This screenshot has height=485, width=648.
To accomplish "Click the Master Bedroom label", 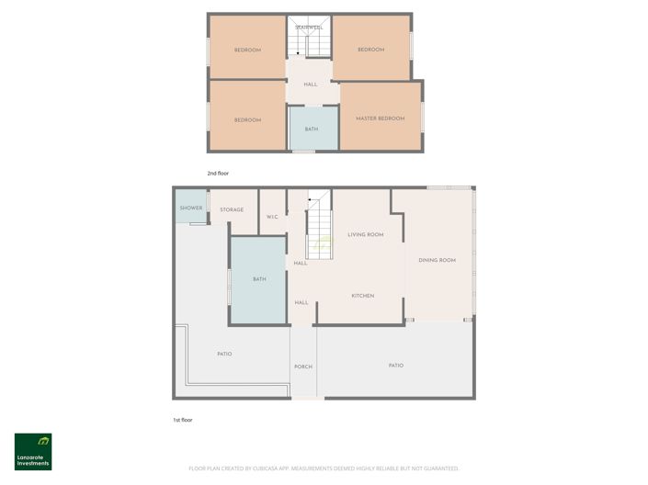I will click(380, 118).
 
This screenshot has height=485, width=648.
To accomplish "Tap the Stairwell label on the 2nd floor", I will click(309, 28).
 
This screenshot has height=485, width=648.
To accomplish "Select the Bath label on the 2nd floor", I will click(312, 129).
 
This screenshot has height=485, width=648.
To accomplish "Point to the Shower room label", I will click(191, 208).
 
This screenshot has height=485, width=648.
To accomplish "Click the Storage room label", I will click(232, 210).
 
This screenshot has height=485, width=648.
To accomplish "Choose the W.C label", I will click(272, 217).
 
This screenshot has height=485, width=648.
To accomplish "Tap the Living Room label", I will click(365, 235).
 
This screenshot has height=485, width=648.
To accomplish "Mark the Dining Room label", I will click(437, 260).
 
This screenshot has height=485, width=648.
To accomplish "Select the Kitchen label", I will click(363, 296).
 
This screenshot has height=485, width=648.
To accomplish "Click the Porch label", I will click(303, 367).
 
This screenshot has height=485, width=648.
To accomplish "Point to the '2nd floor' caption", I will click(218, 172).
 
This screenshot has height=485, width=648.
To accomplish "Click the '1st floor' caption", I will click(183, 420).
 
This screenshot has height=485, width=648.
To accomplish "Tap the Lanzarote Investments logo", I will click(33, 451).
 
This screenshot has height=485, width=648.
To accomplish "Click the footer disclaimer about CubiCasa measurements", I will click(324, 468).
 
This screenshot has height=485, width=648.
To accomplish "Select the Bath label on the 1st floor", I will click(259, 279).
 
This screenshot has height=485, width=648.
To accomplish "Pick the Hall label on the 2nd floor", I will click(311, 85).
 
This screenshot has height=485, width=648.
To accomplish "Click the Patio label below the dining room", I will click(395, 366).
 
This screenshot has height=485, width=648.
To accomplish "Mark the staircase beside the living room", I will click(318, 230).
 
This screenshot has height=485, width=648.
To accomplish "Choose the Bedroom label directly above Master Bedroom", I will click(370, 50).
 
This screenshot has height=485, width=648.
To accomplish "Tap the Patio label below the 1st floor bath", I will click(224, 353).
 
